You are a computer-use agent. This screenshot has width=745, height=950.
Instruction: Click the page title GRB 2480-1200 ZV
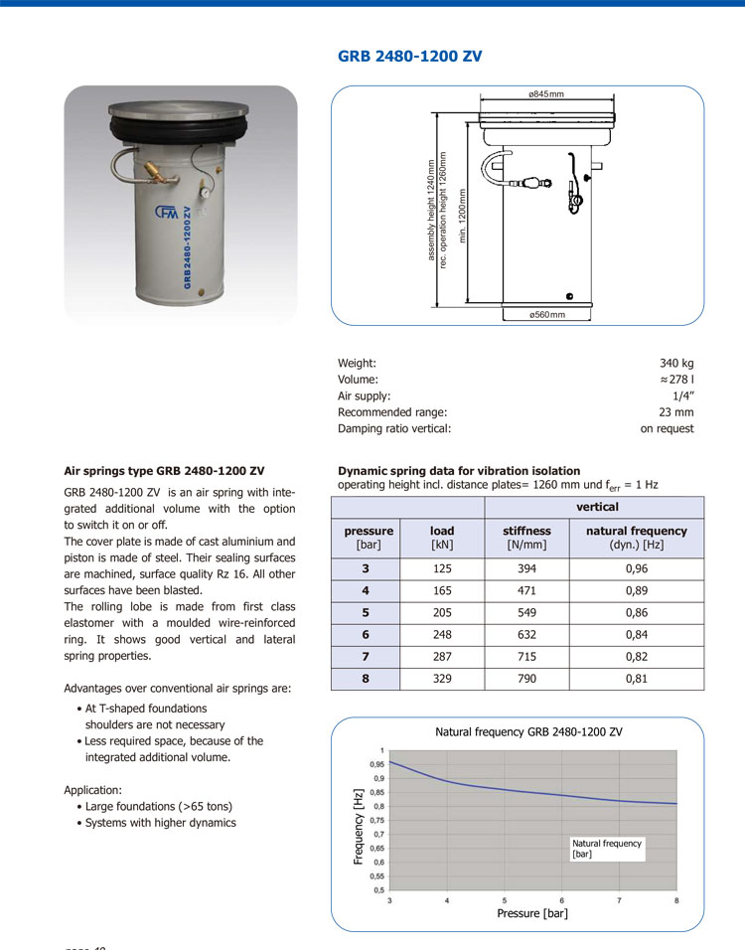coord(409,57)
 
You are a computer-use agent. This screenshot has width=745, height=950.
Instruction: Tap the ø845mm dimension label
coord(545,93)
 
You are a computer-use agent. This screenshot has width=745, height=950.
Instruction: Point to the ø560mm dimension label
coord(546,314)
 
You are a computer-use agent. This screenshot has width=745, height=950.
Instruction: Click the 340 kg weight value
coord(676,364)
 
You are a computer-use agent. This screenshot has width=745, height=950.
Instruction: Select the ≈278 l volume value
coord(675,380)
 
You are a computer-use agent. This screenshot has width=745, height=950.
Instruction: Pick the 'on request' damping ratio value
coord(667,428)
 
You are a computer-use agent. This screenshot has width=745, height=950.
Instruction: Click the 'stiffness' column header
coord(526,532)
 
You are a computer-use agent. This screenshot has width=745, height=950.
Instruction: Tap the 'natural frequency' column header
coord(636,532)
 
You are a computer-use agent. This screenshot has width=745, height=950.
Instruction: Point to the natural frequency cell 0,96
coord(636,569)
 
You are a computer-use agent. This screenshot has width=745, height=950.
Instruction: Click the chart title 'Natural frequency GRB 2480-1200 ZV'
coord(528,732)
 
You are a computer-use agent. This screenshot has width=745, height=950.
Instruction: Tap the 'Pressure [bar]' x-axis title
coord(532,913)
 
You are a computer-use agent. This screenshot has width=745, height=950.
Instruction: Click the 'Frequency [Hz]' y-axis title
coord(359,826)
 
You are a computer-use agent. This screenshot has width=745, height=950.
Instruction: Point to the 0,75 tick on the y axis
coord(377,821)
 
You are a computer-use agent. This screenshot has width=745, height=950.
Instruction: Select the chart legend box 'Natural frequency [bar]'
coord(607,849)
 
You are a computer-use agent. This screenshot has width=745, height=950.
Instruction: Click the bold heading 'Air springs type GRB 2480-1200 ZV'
coord(164,470)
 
